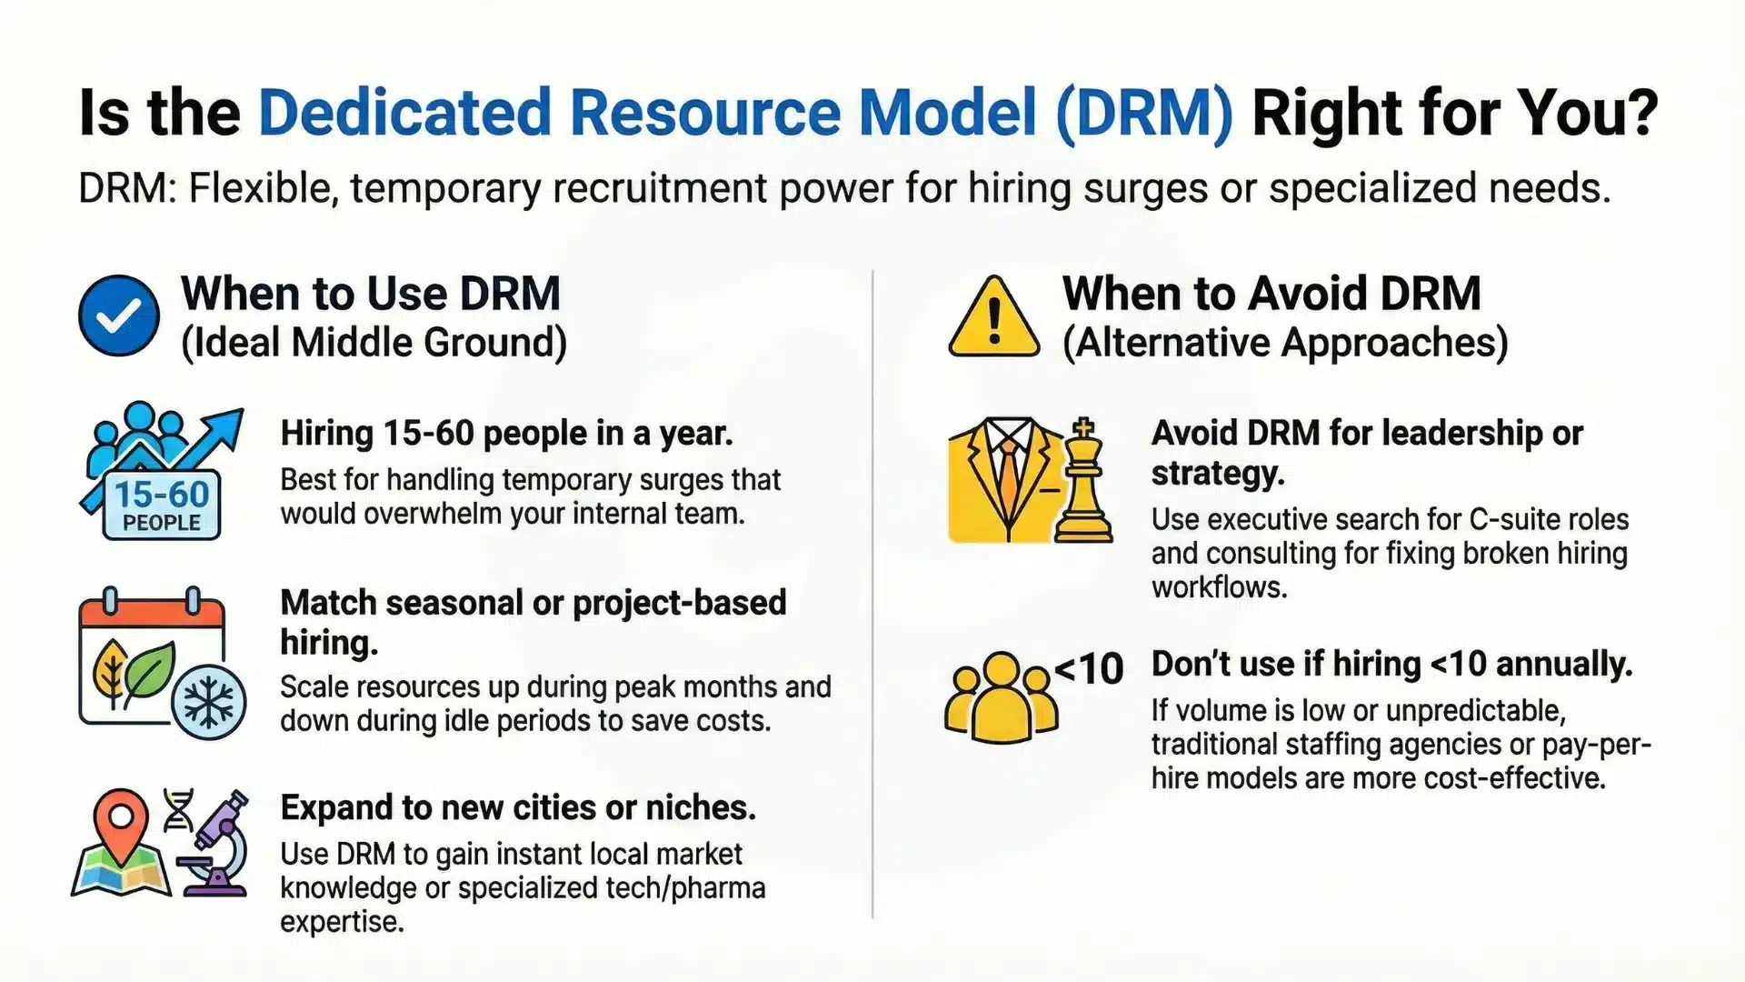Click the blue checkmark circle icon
tap(119, 316)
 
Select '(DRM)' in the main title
tap(1144, 114)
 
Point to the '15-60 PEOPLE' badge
tap(162, 505)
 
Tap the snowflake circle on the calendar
tap(209, 703)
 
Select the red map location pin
tap(121, 818)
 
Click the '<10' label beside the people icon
tap(1089, 669)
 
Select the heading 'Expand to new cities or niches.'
tap(518, 807)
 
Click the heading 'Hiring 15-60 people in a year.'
tap(506, 433)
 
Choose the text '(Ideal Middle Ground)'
tap(374, 343)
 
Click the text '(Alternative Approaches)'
tap(1285, 343)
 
